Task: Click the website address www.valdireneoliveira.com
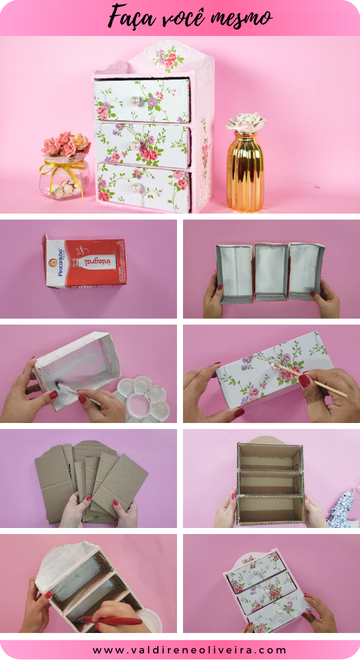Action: (190, 650)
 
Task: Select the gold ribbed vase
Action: (246, 170)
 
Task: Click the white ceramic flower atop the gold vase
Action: (247, 122)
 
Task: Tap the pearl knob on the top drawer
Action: (135, 101)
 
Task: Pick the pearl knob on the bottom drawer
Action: (136, 188)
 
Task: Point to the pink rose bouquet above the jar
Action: (65, 145)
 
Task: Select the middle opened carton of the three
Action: (271, 271)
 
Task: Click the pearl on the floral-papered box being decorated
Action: (276, 367)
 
